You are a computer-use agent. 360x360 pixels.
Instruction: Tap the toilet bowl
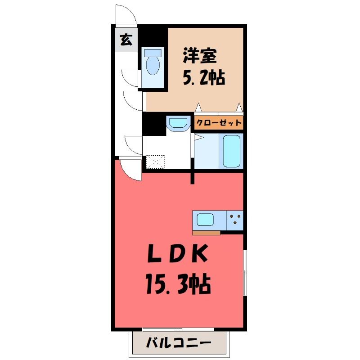[153, 66]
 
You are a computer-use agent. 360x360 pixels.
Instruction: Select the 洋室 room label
[200, 56]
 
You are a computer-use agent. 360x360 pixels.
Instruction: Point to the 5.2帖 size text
[204, 77]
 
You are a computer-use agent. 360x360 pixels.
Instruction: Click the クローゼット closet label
[219, 122]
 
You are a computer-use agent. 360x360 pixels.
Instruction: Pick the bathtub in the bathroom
[232, 151]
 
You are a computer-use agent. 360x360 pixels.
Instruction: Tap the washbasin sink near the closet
[178, 124]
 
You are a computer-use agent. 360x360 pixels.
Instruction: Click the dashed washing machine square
[155, 162]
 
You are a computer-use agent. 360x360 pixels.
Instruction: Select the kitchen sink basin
[206, 220]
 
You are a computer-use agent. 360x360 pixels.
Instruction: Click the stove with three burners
[235, 220]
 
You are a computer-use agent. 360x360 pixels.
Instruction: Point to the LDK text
[177, 254]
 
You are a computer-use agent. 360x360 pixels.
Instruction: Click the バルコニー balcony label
[179, 343]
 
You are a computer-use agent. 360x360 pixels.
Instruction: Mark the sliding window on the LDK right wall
[245, 273]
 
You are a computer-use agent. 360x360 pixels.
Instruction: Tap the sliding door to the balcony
[178, 329]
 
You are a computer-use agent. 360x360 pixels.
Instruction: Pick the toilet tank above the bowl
[153, 53]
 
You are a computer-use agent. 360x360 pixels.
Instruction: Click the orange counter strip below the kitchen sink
[206, 233]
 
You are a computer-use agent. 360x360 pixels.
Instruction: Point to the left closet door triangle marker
[198, 108]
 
